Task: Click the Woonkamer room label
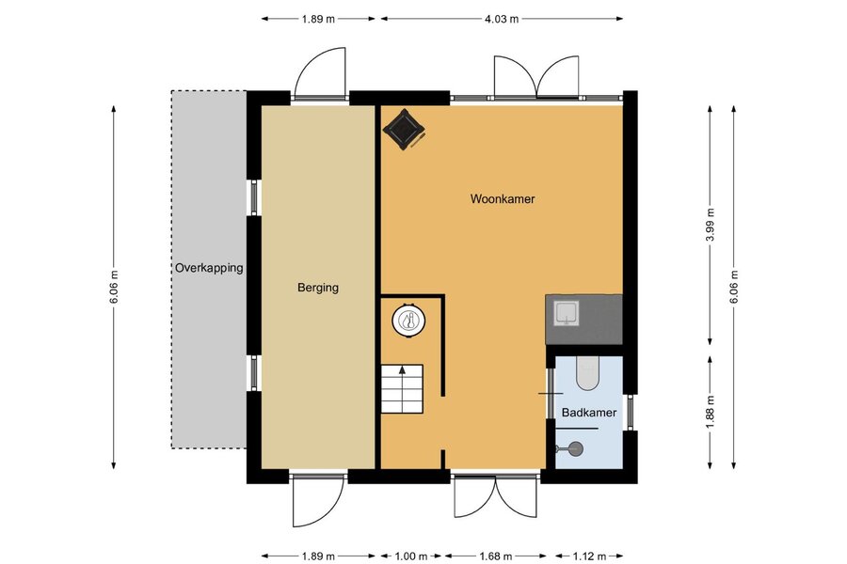pos(503,199)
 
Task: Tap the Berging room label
pos(318,288)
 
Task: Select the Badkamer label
pos(589,413)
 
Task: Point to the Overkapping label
pos(209,268)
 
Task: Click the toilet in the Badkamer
pos(587,373)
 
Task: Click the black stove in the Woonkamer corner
pos(404,130)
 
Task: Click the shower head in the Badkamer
pos(572,447)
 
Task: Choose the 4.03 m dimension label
pos(502,19)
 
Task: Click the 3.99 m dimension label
pos(711,225)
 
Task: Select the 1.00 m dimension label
pos(411,556)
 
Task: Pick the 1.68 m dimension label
pos(495,556)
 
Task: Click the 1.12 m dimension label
pos(589,556)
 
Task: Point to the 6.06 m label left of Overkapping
pos(114,287)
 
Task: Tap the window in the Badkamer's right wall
pos(630,413)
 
